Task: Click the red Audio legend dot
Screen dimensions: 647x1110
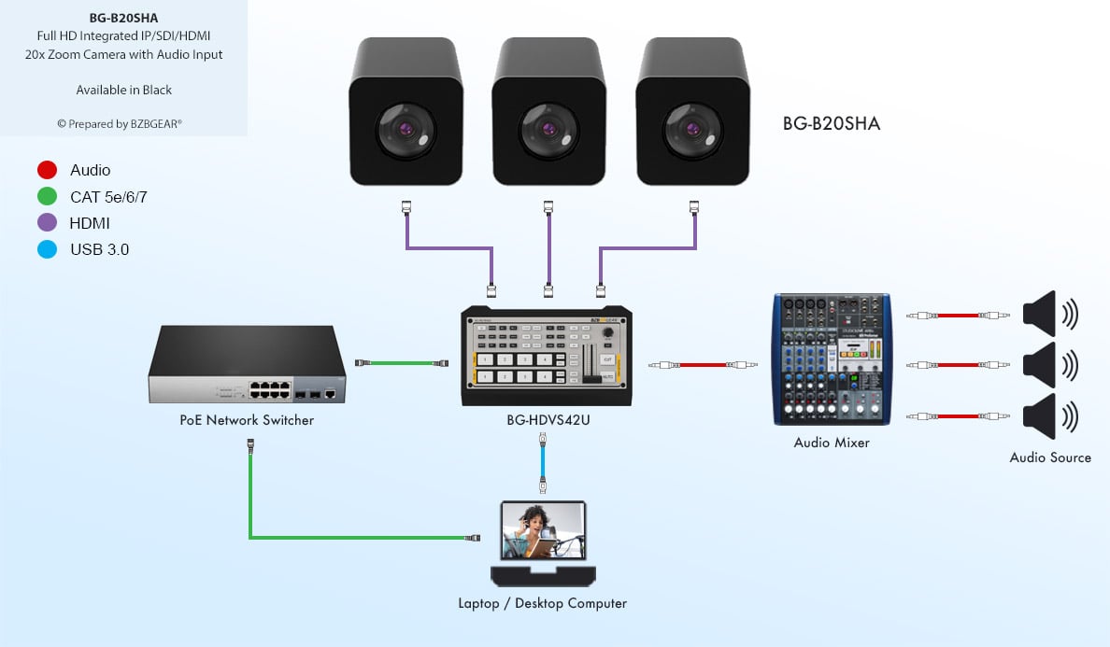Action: click(48, 170)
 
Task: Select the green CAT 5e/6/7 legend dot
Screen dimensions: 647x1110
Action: click(48, 197)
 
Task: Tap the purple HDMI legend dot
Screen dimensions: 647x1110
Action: click(48, 223)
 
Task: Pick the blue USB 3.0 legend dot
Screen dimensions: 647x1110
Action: click(48, 249)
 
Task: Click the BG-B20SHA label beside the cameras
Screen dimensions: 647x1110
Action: click(832, 123)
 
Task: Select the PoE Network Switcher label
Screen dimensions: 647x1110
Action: click(247, 420)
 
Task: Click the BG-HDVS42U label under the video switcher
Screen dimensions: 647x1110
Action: click(548, 420)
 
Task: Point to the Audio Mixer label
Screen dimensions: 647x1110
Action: click(832, 443)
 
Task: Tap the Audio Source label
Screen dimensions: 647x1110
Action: click(1050, 457)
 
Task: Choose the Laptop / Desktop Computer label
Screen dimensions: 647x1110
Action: click(542, 603)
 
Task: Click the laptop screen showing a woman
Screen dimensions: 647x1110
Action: click(543, 530)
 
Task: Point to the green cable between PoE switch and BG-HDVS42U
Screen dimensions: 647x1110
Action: click(402, 362)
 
